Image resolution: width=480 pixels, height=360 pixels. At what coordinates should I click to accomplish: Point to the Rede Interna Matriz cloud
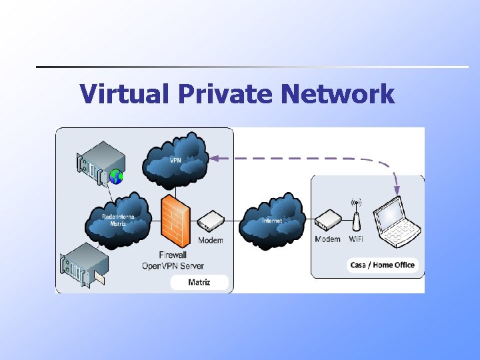click(118, 219)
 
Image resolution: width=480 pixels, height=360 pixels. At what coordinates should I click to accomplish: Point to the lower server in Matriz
click(83, 267)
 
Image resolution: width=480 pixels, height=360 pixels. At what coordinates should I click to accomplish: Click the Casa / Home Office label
click(383, 265)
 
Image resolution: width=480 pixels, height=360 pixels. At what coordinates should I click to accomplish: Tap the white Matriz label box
click(199, 282)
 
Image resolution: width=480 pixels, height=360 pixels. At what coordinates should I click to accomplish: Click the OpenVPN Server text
click(173, 265)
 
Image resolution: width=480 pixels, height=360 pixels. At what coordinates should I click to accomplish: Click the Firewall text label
click(173, 255)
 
